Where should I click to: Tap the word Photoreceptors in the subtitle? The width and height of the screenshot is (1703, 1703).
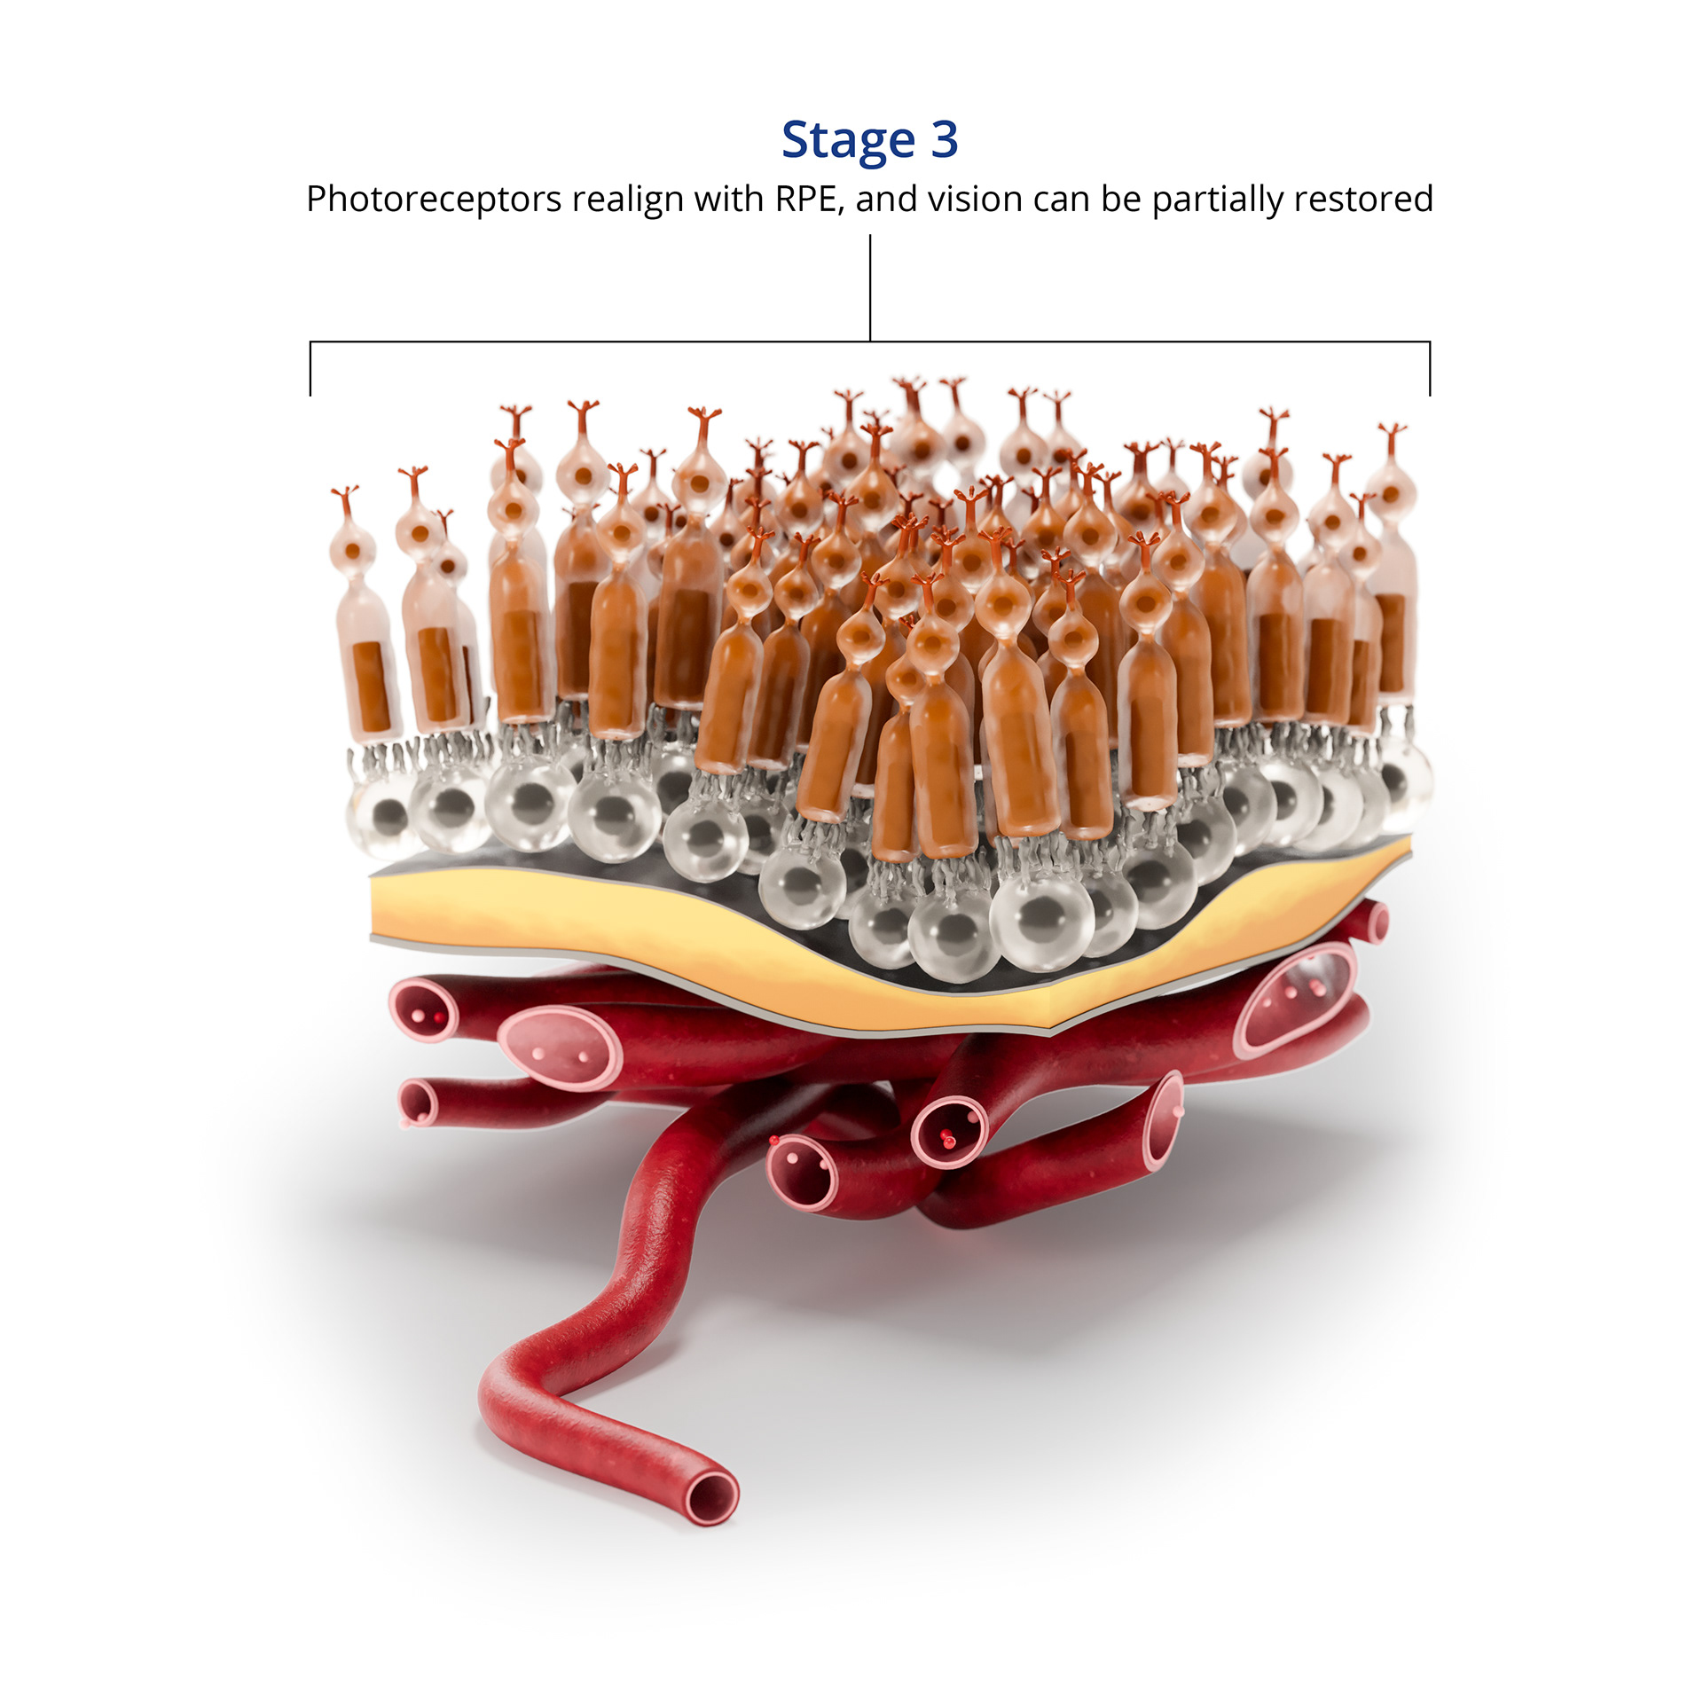(433, 200)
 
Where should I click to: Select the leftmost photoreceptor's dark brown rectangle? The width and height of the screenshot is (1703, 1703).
(370, 686)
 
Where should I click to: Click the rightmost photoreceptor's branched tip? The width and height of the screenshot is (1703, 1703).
(1392, 436)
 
